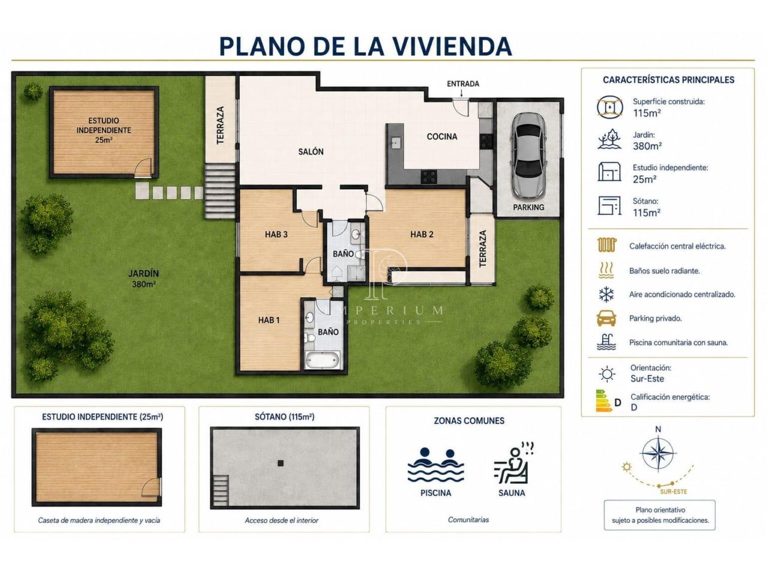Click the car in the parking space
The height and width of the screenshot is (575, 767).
coord(528,155)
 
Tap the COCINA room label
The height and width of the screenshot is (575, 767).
coord(442,137)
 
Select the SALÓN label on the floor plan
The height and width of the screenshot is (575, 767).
coord(310,152)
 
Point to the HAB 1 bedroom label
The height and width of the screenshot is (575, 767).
coord(268,320)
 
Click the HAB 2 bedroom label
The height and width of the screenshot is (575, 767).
coord(422,234)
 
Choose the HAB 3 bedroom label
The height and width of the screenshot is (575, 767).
coord(276,234)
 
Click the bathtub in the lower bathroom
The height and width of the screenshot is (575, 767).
coord(322,360)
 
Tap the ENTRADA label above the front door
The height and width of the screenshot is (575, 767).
coord(463,84)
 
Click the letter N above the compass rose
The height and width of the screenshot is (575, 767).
coord(658,429)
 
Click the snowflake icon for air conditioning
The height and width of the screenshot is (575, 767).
coord(606,294)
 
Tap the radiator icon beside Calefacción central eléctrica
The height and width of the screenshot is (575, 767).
coord(607,246)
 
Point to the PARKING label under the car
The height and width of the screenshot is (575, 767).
coord(529,207)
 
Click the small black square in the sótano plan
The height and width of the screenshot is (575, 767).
coord(280,463)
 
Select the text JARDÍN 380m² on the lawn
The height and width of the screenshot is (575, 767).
coord(144,279)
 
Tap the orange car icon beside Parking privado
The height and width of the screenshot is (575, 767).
coord(606,318)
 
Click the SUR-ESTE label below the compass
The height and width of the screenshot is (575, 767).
coord(674,492)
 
